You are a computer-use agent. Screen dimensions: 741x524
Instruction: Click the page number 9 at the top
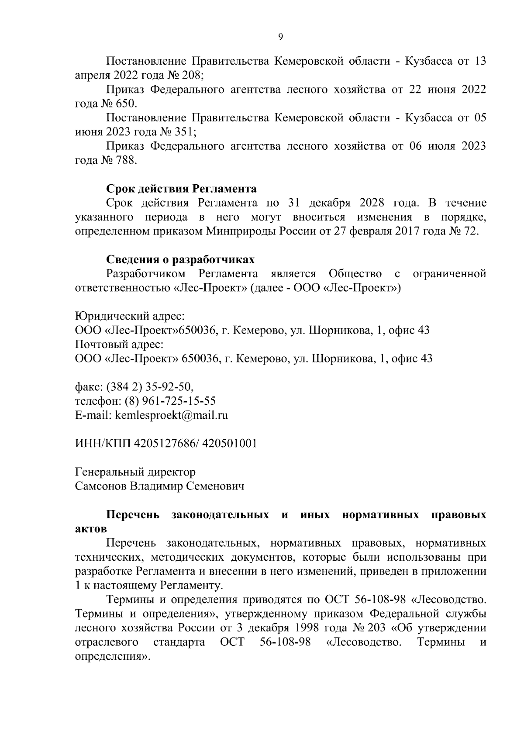pos(280,37)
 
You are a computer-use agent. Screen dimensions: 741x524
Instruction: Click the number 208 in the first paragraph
pos(191,75)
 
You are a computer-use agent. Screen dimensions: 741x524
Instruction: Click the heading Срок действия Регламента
pos(181,189)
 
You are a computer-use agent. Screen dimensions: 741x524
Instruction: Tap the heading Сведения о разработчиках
pos(180,260)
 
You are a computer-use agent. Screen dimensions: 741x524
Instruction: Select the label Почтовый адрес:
pos(119,344)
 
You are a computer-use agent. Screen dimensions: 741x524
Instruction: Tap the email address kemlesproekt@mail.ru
pos(171,415)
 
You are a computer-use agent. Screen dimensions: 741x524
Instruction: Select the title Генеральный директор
pos(135,472)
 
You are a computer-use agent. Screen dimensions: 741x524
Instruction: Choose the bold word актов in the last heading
pos(90,529)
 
